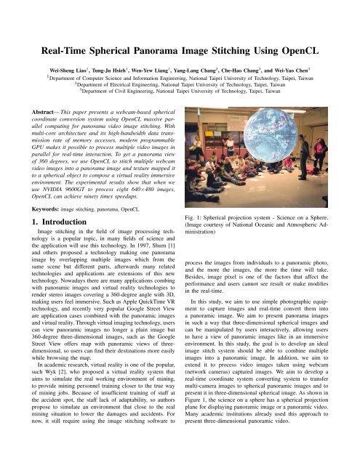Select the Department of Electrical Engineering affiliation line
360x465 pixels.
pos(180,84)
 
